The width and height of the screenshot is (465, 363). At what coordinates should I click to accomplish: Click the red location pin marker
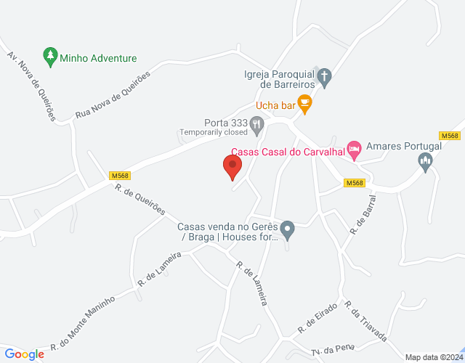233,166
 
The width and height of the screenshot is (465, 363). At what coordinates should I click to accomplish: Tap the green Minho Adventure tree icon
49,56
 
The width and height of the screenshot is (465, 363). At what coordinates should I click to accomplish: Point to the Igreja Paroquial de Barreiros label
279,78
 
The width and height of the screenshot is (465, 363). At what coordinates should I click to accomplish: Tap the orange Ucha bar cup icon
304,105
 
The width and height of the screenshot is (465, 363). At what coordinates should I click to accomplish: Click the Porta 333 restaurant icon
256,126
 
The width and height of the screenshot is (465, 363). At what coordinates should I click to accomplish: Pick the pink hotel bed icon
354,150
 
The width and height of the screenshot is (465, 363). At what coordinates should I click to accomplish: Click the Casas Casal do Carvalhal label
288,152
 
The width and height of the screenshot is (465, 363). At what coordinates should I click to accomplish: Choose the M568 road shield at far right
450,136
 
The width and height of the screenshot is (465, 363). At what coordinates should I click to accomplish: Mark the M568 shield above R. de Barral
354,183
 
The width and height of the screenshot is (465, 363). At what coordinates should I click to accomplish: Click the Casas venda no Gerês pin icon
288,230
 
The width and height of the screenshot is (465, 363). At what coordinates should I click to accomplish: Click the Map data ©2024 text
433,357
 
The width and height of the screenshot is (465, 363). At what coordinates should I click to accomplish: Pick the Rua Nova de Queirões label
113,95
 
